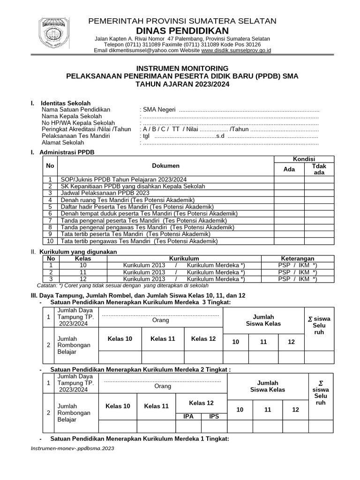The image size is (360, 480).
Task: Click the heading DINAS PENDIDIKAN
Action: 182,30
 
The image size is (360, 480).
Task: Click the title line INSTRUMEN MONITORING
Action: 182,68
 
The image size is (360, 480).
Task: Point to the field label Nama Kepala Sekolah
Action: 71,116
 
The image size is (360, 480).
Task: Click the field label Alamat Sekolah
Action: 63,142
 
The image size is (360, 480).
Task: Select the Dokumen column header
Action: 165,166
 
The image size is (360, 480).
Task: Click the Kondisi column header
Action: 304,159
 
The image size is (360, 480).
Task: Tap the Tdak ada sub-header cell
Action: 319,169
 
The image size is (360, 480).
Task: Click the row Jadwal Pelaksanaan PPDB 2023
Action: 105,193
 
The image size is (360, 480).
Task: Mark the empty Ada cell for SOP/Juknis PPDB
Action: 289,180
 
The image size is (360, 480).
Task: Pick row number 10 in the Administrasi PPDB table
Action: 50,241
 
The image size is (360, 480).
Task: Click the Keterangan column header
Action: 297,259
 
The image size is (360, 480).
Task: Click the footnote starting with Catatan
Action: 122,285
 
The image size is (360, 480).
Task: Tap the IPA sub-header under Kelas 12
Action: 188,416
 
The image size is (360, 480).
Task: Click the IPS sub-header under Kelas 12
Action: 214,416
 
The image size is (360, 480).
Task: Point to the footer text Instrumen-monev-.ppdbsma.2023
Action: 72,448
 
